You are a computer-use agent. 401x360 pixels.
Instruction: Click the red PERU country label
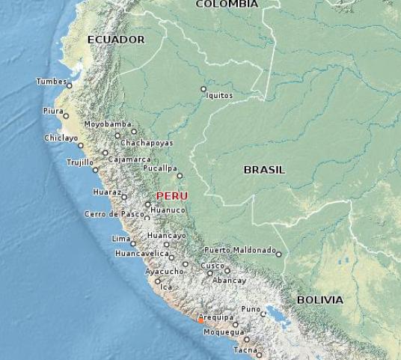coord(171,196)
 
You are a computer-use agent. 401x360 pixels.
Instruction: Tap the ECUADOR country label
coord(116,40)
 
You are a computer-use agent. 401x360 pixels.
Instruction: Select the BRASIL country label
coord(264,170)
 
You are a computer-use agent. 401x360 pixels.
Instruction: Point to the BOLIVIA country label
coord(319,300)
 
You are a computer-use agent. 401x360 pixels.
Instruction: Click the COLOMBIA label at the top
coord(227,4)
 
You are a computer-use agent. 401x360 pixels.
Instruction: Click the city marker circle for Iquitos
coord(203,89)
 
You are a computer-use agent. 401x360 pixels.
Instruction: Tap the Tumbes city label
coord(51,82)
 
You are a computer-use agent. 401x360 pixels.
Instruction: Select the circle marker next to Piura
coord(66,116)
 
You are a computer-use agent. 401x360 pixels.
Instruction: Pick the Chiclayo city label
coord(61,138)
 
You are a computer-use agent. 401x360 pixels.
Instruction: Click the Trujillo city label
coord(79,162)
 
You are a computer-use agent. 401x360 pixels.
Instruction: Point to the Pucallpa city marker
coord(180,176)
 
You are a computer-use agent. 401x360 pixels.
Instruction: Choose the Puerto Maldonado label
coord(240,250)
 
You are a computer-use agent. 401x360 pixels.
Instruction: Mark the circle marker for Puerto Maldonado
coord(279,254)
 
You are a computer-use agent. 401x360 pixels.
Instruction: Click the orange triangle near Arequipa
coord(200,321)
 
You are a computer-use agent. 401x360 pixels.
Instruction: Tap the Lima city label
coord(120,239)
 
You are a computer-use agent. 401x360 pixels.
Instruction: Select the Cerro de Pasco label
coord(114,214)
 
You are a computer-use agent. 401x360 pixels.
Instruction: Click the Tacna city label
coord(245,350)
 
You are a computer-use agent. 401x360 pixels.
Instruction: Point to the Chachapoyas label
coord(147,143)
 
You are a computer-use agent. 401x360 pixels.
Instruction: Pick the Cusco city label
coord(212,266)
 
